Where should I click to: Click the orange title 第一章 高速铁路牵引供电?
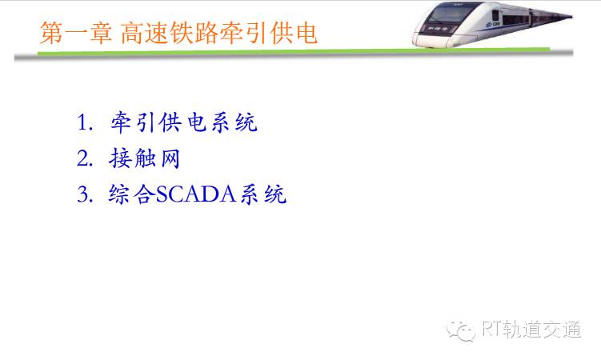(x=178, y=33)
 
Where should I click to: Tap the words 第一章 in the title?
(x=76, y=33)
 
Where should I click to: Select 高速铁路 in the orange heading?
(x=170, y=33)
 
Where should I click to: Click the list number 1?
(x=85, y=122)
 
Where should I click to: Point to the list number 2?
(x=85, y=158)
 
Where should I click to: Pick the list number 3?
(x=85, y=194)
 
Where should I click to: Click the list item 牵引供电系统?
(x=184, y=122)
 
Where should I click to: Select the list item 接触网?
(x=145, y=158)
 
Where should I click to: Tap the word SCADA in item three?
(x=195, y=194)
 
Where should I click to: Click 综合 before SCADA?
(x=132, y=194)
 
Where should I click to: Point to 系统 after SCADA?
(x=263, y=194)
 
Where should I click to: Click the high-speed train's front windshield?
(x=448, y=14)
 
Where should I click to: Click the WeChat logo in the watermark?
(x=461, y=330)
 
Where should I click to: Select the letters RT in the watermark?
(x=491, y=329)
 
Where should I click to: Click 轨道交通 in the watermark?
(x=542, y=329)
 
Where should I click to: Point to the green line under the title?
(x=294, y=51)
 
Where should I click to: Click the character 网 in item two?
(x=170, y=158)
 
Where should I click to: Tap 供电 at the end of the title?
(x=294, y=33)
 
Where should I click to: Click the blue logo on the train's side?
(x=493, y=25)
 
